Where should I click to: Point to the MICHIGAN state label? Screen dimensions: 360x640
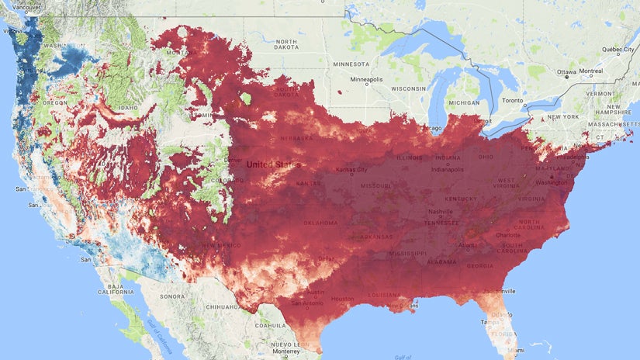(x=465, y=102)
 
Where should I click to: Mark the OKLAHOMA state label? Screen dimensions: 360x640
(x=320, y=223)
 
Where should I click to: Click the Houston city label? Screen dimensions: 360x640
(x=342, y=298)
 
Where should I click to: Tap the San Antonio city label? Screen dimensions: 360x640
(x=302, y=303)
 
